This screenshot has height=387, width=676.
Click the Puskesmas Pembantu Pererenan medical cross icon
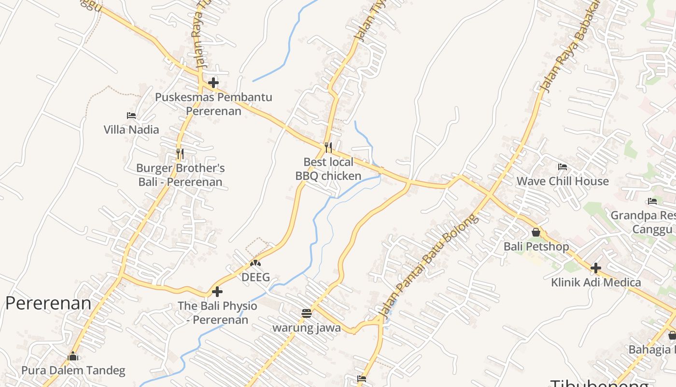click(x=213, y=83)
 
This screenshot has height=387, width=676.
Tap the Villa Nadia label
click(x=131, y=130)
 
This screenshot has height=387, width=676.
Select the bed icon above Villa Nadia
click(x=131, y=116)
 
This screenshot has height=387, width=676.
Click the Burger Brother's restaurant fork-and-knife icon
click(x=180, y=154)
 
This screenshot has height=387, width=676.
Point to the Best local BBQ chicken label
click(x=328, y=169)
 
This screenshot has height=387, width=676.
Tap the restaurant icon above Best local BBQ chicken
click(x=328, y=147)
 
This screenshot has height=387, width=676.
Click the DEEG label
click(x=255, y=278)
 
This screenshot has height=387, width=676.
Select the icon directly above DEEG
click(x=255, y=264)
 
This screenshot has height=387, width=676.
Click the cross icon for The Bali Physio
click(x=217, y=292)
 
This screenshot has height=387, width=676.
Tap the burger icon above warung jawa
click(x=307, y=313)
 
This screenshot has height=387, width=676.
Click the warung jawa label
click(x=307, y=328)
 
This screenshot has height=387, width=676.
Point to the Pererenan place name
click(x=48, y=303)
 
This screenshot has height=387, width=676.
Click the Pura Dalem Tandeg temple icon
click(x=73, y=357)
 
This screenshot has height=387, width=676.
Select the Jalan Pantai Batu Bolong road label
click(x=428, y=266)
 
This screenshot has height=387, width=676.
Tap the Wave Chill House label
click(x=563, y=181)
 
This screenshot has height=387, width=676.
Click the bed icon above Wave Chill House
click(x=563, y=167)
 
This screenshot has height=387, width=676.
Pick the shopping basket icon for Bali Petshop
click(x=536, y=232)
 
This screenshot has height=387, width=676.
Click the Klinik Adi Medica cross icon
click(x=596, y=268)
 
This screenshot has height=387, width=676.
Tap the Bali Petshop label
click(x=536, y=247)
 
